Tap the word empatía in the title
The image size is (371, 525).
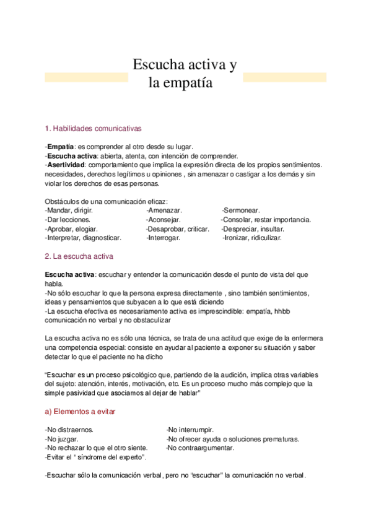tap(188, 82)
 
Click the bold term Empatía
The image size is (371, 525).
tap(61, 147)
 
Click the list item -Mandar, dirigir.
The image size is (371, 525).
tap(69, 210)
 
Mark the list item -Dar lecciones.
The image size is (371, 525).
tap(68, 220)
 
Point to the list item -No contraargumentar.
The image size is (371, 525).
tap(200, 448)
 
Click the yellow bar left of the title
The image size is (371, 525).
tap(86, 77)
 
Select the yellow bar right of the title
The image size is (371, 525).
tap(284, 77)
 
